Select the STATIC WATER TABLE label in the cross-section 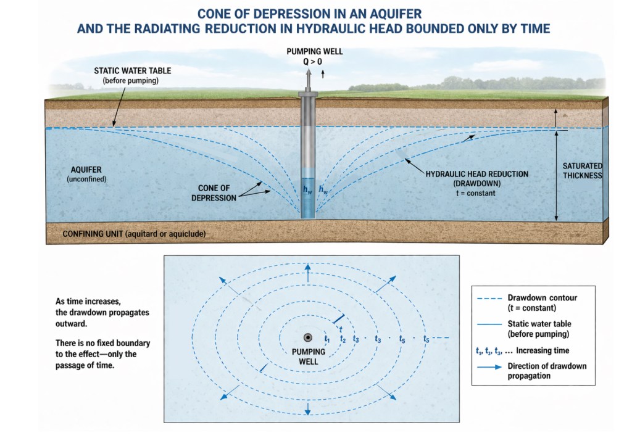(132, 71)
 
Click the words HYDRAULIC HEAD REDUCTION (477, 174)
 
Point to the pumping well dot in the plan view (308, 337)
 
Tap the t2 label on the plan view (342, 339)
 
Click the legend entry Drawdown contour (541, 298)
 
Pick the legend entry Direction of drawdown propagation (546, 371)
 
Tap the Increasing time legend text (543, 350)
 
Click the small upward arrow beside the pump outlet (323, 74)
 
